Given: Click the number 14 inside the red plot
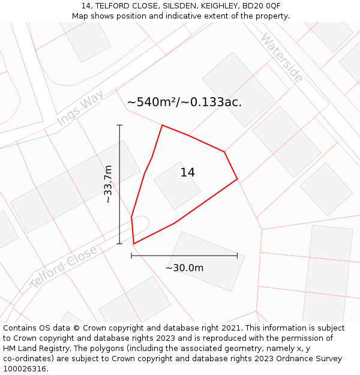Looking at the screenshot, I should (x=187, y=173).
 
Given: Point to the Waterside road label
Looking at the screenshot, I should (x=281, y=58).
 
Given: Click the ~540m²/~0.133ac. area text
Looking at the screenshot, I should (x=184, y=102).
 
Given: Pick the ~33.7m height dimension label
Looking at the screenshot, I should (x=108, y=184).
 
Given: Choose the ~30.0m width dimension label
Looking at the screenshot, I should (x=184, y=268).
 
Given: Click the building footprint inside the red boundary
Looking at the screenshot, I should (x=177, y=185).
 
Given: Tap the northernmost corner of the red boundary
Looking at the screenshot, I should (x=162, y=125).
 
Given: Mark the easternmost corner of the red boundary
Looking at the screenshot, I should (x=237, y=179).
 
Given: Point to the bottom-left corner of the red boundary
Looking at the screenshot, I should (x=133, y=244).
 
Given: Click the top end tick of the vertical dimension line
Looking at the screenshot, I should (x=119, y=125).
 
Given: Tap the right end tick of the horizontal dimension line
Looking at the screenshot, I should (x=237, y=256).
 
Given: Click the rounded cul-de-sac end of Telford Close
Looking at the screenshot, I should (x=142, y=223).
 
